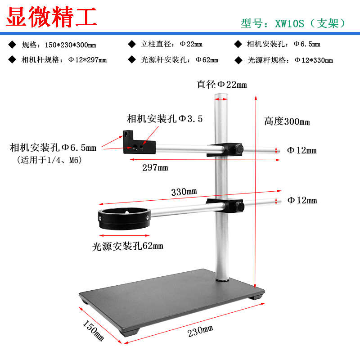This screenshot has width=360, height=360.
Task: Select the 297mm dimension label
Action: [x=155, y=167]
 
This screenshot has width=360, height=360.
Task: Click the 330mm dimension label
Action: [x=184, y=191]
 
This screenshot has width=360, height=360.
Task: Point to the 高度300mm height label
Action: [x=287, y=121]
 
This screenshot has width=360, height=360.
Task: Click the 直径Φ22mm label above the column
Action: [x=221, y=84]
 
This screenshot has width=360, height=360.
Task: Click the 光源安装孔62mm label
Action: [x=128, y=246]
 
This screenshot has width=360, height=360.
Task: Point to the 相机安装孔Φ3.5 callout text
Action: [x=165, y=119]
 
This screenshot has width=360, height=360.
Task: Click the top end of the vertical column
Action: [x=220, y=96]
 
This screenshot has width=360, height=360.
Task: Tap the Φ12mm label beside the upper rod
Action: [x=301, y=150]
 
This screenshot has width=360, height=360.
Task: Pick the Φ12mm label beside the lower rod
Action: [x=301, y=200]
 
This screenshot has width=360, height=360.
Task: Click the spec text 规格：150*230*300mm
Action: [x=59, y=45]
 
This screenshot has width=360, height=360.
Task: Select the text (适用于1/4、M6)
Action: [x=49, y=160]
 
